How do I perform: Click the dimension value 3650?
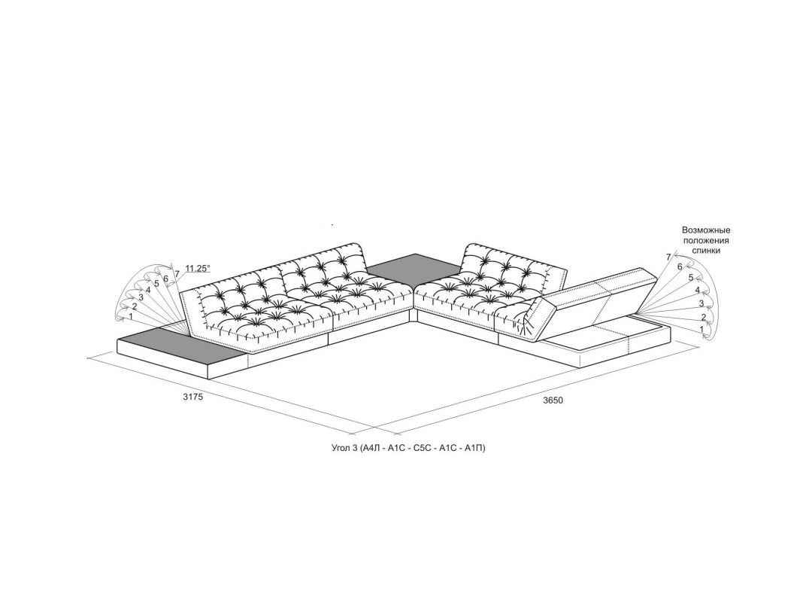click(553, 400)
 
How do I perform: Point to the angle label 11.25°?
click(197, 268)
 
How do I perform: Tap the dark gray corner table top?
click(414, 268)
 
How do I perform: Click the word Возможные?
click(706, 230)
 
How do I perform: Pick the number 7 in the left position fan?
click(177, 273)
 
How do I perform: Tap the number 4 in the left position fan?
click(148, 289)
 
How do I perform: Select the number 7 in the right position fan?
click(668, 257)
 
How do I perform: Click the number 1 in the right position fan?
click(702, 329)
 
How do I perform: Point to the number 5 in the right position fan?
click(690, 278)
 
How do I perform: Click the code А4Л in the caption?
click(374, 449)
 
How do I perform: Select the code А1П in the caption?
click(474, 449)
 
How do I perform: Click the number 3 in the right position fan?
click(701, 303)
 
